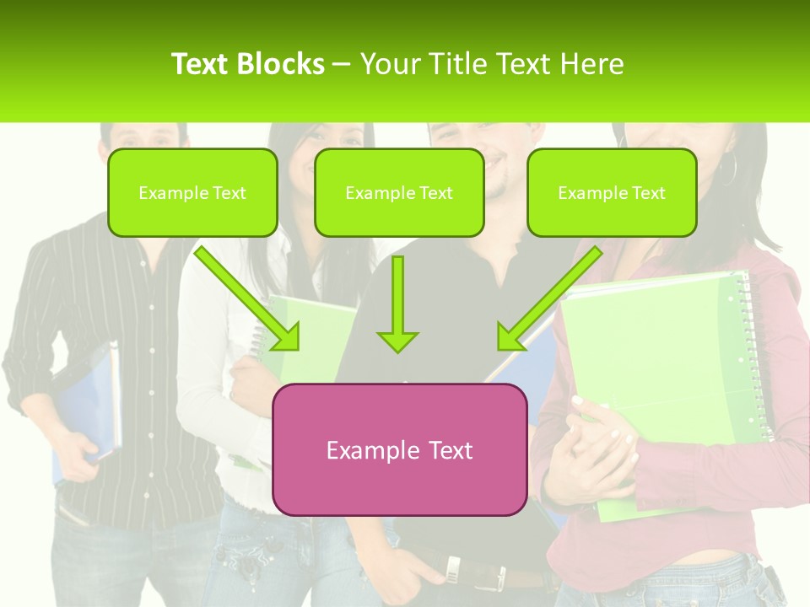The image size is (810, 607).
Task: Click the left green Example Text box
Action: (x=192, y=192)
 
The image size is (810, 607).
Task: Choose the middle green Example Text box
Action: (x=399, y=192)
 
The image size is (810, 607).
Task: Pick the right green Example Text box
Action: (x=612, y=192)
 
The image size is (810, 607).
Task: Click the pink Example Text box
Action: (x=399, y=449)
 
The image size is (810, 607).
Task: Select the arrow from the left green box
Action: (x=246, y=297)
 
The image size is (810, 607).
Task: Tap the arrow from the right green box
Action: (x=548, y=297)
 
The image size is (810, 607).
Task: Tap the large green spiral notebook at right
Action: (x=658, y=354)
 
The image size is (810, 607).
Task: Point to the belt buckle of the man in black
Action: (x=454, y=570)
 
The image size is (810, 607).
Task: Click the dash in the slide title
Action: (x=342, y=64)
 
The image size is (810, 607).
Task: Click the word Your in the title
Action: (x=388, y=64)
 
